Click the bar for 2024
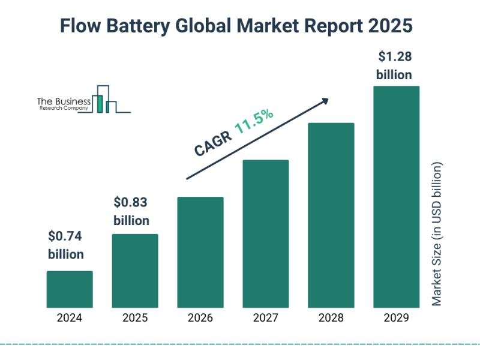coord(70,289)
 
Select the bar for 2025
coord(135,271)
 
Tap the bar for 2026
coord(200,252)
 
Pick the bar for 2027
coord(266,233)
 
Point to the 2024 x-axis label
coord(70,318)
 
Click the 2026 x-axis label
coord(200,318)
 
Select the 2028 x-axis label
coord(331,318)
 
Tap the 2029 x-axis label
coord(396,318)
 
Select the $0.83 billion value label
coord(131,211)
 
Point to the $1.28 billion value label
coord(394,66)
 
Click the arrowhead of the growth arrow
coord(326,100)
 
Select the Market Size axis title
coord(437,234)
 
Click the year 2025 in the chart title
coord(393,26)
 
